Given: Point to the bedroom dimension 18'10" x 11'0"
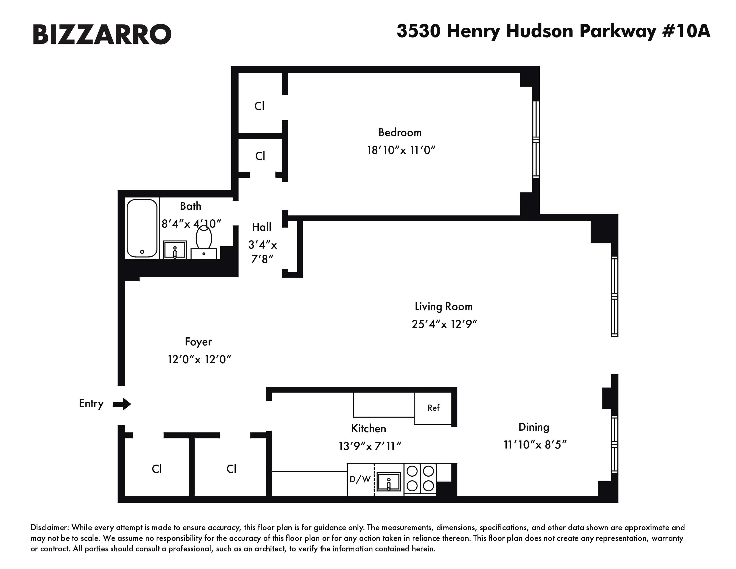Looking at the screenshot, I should point(401,150).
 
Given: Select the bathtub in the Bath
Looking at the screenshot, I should point(142,228).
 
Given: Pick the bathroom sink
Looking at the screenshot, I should point(175,250).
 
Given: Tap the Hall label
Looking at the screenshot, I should point(262,227).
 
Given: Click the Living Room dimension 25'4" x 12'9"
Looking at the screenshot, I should point(444,324).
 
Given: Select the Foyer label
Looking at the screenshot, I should point(198,342).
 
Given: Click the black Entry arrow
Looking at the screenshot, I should point(122,404).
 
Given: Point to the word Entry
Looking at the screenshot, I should point(91,403).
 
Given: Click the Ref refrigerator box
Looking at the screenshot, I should point(433,408).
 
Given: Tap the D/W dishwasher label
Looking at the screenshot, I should point(360,479).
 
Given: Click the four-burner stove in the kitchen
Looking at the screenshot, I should point(420,478).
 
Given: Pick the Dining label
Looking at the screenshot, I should point(533,427).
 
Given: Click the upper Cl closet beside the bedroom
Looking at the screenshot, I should point(259,106).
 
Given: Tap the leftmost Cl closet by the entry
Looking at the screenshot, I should point(157,469).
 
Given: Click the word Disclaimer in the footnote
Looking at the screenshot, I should point(49,527).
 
